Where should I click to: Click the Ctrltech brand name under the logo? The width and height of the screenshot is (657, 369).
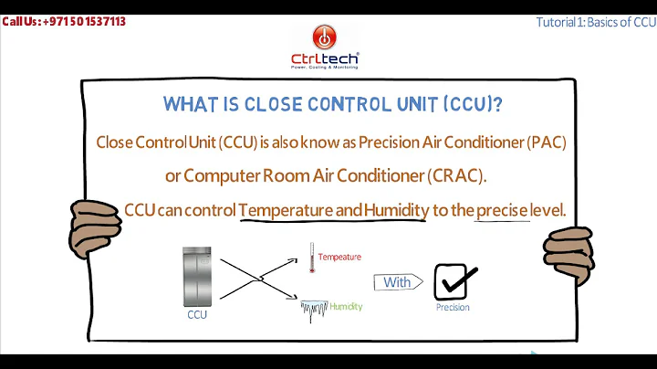325,58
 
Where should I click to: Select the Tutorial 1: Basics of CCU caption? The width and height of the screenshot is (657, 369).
595,22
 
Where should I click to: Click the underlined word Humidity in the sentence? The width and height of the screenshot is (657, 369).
395,210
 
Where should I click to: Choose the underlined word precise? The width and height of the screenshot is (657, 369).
502,210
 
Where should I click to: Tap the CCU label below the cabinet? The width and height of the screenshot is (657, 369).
197,315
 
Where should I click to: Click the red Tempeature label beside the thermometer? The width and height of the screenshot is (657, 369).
339,258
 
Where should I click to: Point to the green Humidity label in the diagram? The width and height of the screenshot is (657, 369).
346,306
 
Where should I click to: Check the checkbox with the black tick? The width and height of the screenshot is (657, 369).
452,281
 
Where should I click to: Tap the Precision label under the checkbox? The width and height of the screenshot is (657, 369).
453,308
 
